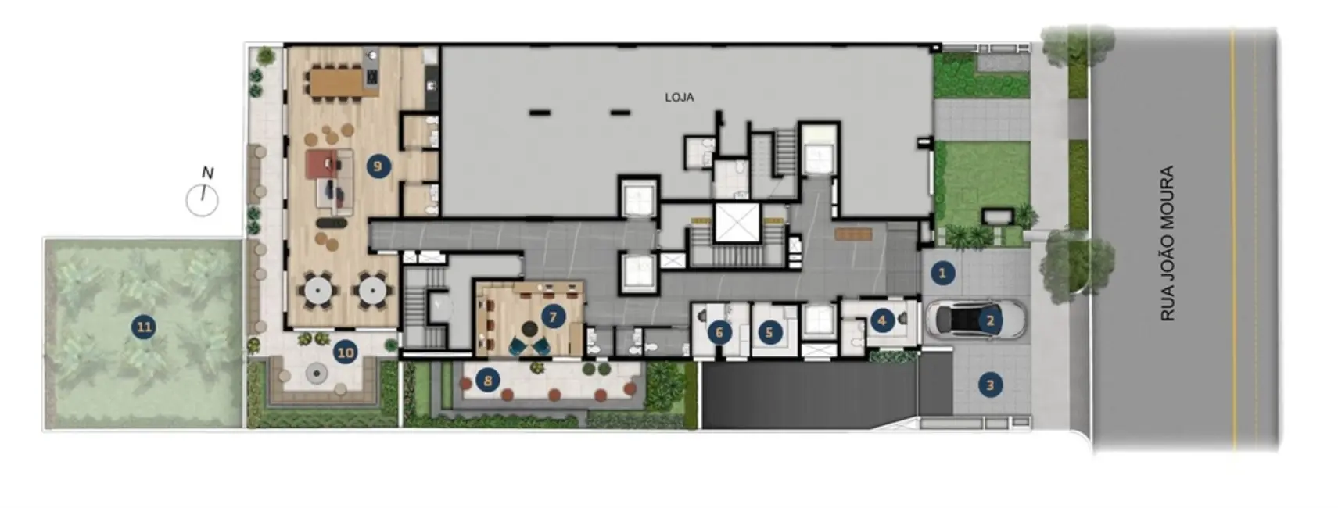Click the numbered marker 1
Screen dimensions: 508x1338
pyautogui.click(x=942, y=273)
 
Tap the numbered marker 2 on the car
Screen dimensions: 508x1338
pyautogui.click(x=990, y=320)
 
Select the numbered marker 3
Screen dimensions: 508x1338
pyautogui.click(x=990, y=385)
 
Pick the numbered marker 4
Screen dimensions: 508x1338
pyautogui.click(x=882, y=320)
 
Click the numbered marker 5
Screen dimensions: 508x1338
pyautogui.click(x=769, y=333)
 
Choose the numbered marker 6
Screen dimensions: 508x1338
pyautogui.click(x=719, y=333)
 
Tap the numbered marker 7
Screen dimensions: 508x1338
pyautogui.click(x=553, y=317)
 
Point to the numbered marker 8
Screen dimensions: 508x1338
pyautogui.click(x=488, y=381)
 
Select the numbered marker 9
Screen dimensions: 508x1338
pyautogui.click(x=378, y=166)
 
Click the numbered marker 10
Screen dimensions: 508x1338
pyautogui.click(x=345, y=352)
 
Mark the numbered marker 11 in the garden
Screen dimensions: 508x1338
pyautogui.click(x=144, y=327)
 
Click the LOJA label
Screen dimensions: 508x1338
pyautogui.click(x=679, y=98)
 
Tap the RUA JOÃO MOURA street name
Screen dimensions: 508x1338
pyautogui.click(x=1168, y=243)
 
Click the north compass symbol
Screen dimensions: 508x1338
pyautogui.click(x=203, y=199)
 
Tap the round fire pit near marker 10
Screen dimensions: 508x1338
pyautogui.click(x=316, y=374)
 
